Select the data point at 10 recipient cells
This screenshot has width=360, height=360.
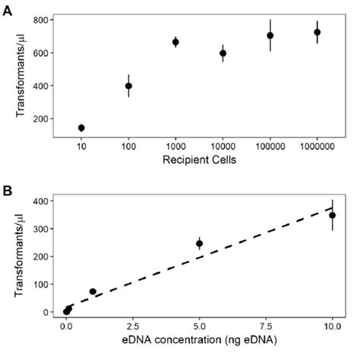tap(81, 128)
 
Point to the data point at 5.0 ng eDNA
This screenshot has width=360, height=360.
tap(199, 244)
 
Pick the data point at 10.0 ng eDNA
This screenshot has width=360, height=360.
tap(332, 216)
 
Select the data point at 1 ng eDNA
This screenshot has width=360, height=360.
tap(93, 292)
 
